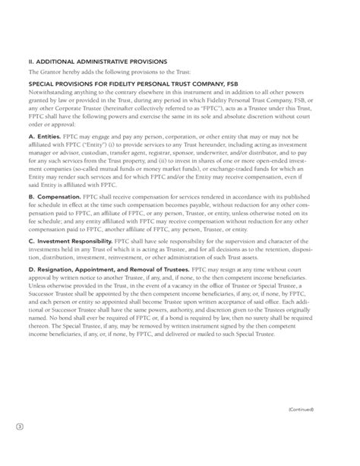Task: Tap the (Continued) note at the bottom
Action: pyautogui.click(x=301, y=430)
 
